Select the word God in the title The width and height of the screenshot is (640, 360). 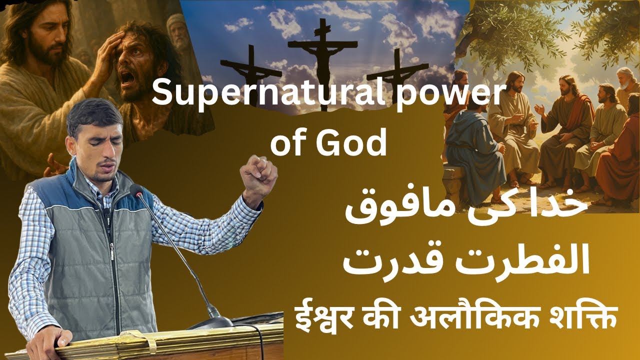(x=358, y=143)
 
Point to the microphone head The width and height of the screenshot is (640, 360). (x=135, y=190)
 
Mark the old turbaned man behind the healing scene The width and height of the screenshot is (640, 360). (x=177, y=32)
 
